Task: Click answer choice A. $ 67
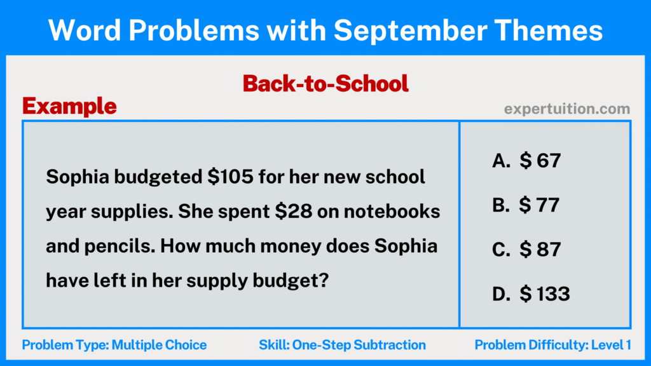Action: click(526, 161)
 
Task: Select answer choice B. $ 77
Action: click(526, 205)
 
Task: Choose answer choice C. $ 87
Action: click(526, 249)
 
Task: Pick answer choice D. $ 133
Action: click(531, 294)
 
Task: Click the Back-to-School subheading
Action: click(325, 83)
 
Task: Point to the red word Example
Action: click(70, 106)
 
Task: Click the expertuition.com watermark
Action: click(567, 109)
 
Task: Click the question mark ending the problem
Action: click(323, 280)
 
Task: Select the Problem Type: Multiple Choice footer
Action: click(114, 345)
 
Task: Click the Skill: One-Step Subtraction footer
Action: click(342, 345)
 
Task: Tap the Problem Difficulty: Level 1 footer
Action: click(552, 345)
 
